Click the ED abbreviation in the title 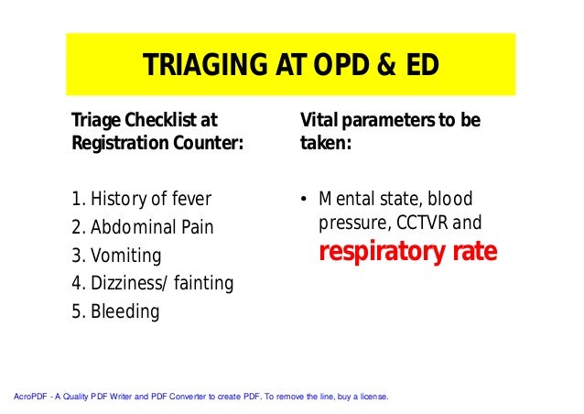421,65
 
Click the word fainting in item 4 203,284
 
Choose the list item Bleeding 124,312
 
